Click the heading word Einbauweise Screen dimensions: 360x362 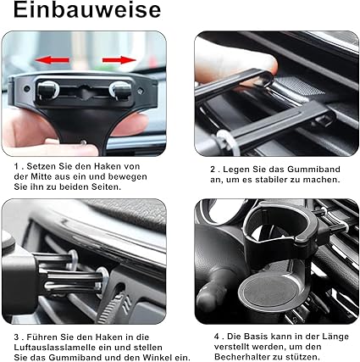click(87, 10)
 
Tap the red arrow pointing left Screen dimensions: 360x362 click(52, 60)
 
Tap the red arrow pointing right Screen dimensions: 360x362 click(119, 60)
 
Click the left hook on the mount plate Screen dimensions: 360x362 click(47, 91)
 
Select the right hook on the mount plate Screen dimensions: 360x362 click(120, 91)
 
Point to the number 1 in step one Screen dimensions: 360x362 click(17, 166)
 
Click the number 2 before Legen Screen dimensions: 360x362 click(213, 170)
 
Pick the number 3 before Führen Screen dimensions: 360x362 click(17, 337)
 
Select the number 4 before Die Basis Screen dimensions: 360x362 click(217, 337)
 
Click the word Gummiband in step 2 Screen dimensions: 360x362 click(313, 170)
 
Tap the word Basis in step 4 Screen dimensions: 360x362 click(256, 337)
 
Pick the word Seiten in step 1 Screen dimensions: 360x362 click(105, 187)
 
